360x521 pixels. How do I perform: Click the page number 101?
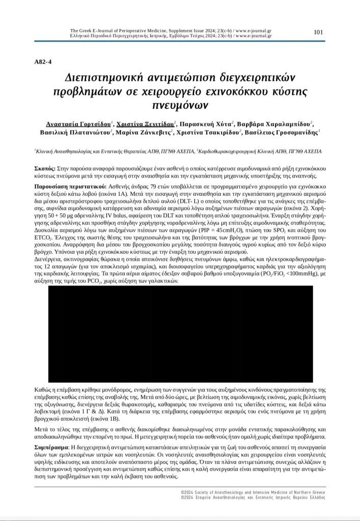tap(318, 32)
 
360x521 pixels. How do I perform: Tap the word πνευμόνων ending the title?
tap(179, 105)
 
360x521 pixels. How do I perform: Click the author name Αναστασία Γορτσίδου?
tap(76, 124)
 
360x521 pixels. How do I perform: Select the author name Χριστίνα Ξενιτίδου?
tap(146, 124)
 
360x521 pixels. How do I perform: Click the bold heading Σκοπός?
tap(44, 167)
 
